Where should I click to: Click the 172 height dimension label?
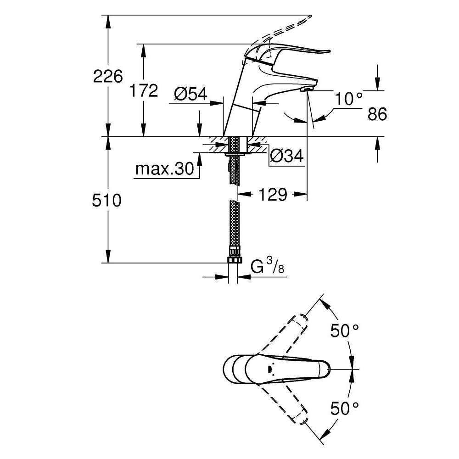[x=143, y=91]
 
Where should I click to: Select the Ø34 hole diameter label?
[x=286, y=156]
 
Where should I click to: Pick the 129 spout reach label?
[x=273, y=194]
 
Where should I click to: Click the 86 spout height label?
[x=377, y=114]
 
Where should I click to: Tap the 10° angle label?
[x=348, y=98]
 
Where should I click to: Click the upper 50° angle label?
[x=345, y=330]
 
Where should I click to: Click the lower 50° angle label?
[x=345, y=407]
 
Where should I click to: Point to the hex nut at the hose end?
[x=234, y=259]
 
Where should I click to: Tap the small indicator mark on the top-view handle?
[x=270, y=369]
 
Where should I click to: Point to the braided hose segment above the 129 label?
[x=235, y=170]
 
